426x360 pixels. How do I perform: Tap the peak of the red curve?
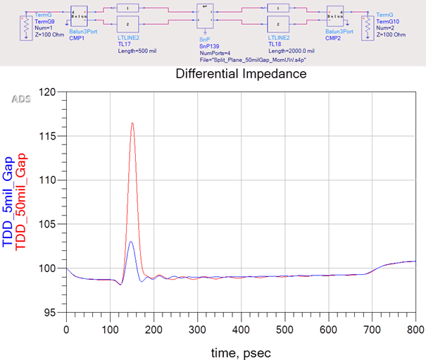(x=132, y=123)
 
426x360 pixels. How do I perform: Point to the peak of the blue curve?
(x=131, y=242)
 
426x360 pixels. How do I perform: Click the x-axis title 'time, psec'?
(x=241, y=350)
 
